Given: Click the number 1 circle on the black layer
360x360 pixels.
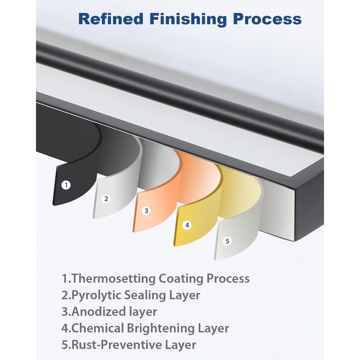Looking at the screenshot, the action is pyautogui.click(x=66, y=184).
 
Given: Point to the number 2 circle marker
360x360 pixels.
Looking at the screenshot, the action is pyautogui.click(x=106, y=198).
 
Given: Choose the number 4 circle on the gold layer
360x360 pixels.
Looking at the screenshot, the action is pyautogui.click(x=187, y=225).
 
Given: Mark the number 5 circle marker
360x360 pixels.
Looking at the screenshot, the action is pyautogui.click(x=227, y=241).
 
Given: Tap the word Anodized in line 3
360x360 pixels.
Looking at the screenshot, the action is pyautogui.click(x=99, y=312).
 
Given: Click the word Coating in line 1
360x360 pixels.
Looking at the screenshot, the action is pyautogui.click(x=181, y=279).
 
